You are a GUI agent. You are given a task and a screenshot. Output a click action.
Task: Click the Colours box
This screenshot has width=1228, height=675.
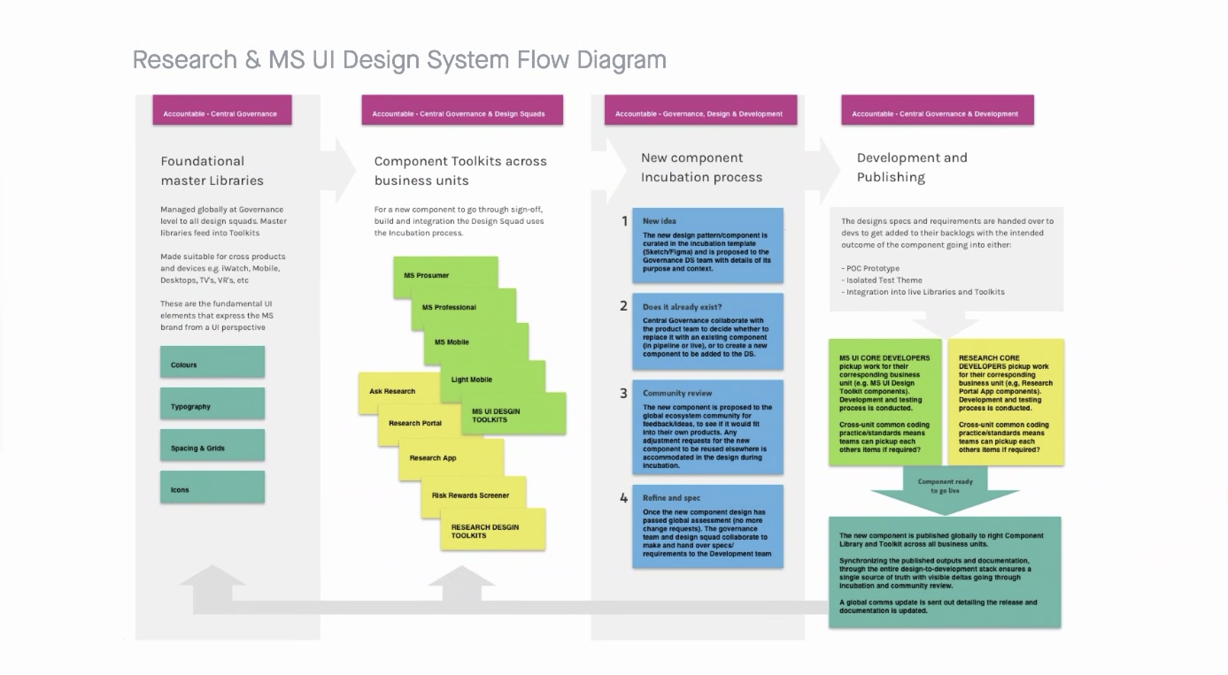[x=212, y=362]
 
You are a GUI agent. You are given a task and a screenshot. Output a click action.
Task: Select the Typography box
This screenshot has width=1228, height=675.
[x=212, y=404]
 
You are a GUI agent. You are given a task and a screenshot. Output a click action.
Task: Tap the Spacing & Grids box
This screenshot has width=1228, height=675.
[x=212, y=445]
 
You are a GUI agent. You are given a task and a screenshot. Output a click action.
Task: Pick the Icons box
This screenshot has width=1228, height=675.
[x=212, y=487]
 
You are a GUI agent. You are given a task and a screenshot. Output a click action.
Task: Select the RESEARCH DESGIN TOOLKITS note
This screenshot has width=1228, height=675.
[x=492, y=530]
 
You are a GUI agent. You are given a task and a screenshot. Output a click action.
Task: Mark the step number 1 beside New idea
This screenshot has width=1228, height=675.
[x=625, y=221]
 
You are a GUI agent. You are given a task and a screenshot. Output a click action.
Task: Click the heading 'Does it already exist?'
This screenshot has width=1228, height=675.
[x=682, y=307]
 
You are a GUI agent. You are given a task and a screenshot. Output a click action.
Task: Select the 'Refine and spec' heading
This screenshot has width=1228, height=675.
[x=671, y=498]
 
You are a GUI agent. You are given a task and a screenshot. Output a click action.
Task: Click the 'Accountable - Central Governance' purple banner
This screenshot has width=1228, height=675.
[x=222, y=111]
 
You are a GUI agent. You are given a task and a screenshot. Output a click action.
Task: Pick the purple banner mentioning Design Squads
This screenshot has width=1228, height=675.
[x=462, y=111]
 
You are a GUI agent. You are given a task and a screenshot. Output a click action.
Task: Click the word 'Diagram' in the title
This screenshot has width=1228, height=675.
[x=621, y=60]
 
